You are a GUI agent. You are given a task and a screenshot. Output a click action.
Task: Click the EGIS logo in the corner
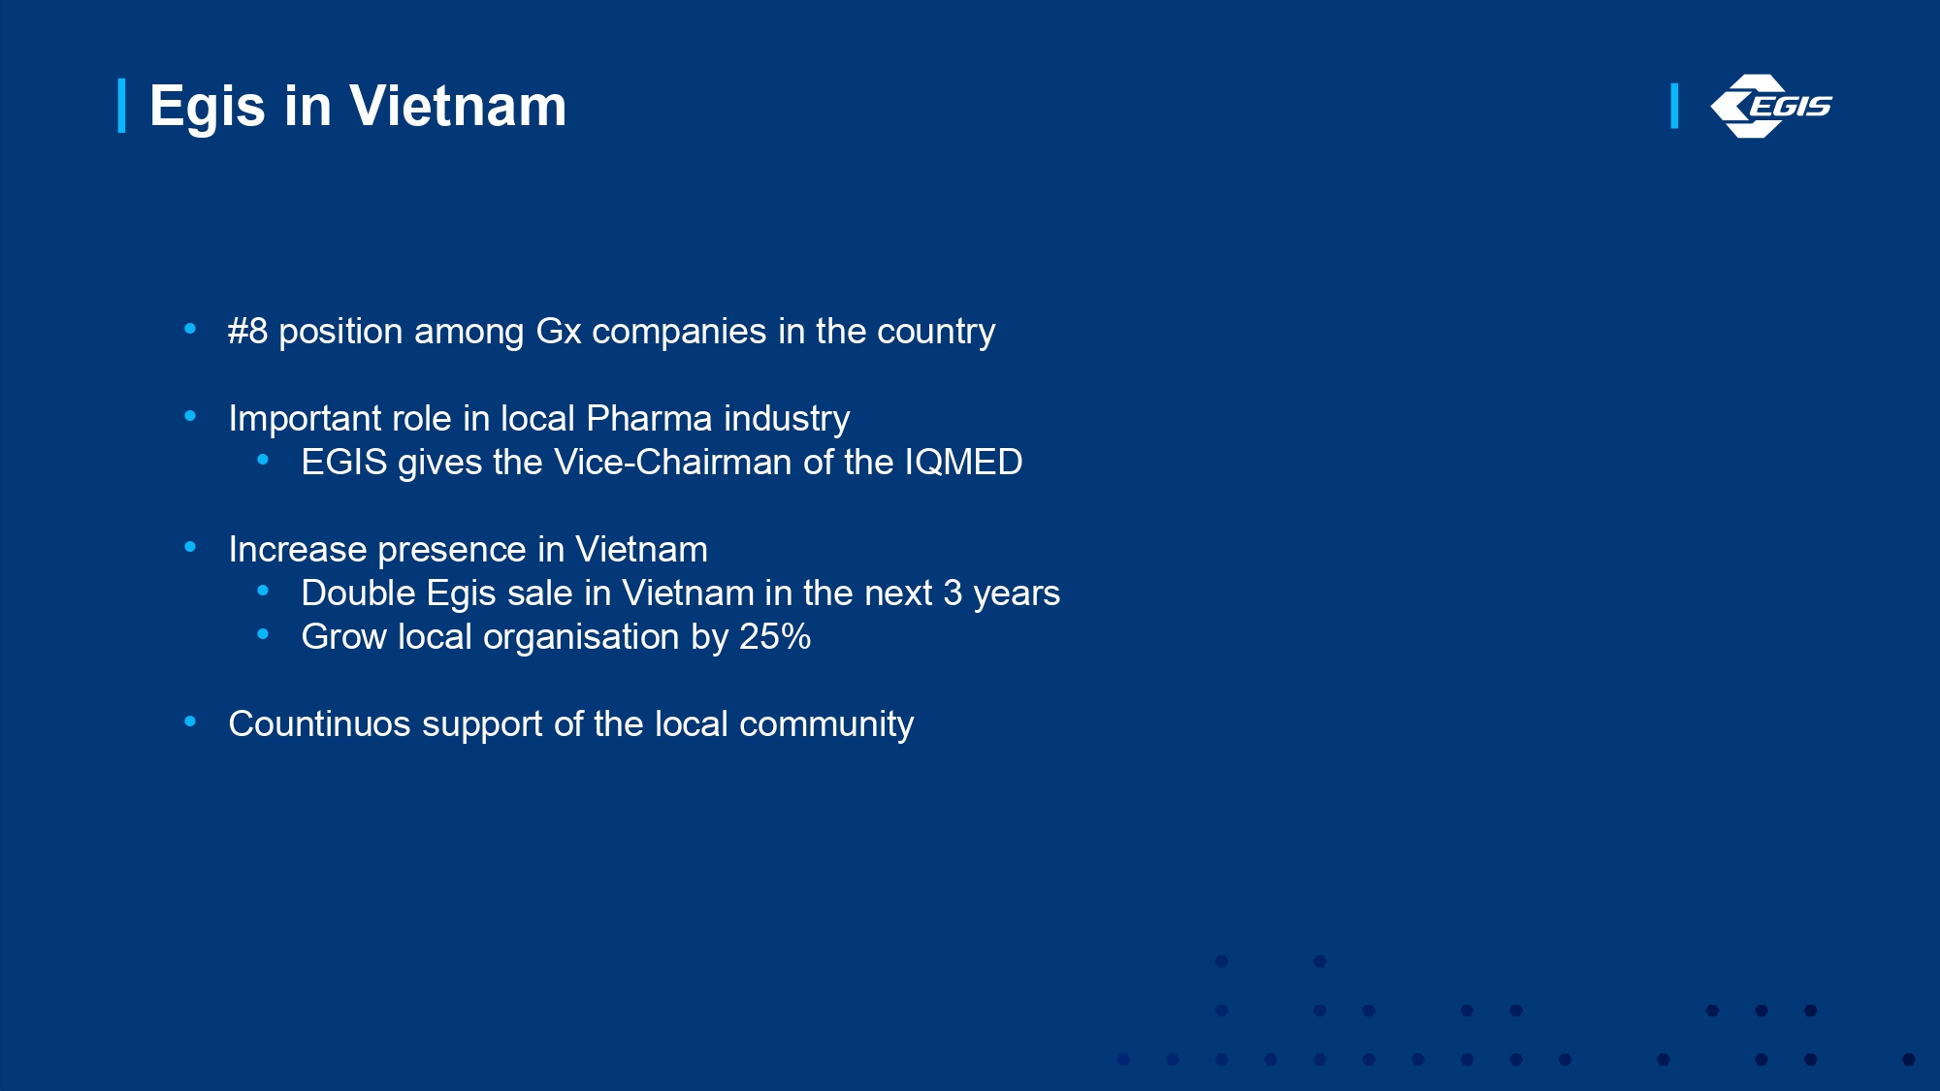click(x=1771, y=106)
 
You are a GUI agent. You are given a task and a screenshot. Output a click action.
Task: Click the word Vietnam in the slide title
click(x=458, y=106)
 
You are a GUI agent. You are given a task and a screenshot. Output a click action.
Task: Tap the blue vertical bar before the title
click(x=122, y=106)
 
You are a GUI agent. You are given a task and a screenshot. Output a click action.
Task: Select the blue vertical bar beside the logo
click(x=1674, y=106)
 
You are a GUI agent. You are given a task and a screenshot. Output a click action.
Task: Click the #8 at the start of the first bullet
click(x=247, y=332)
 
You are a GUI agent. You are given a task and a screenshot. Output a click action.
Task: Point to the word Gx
click(x=559, y=332)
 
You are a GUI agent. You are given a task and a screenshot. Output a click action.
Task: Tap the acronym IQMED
click(x=963, y=463)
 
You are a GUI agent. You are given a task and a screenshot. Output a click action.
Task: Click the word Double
click(x=359, y=594)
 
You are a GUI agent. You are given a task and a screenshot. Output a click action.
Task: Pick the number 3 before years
click(x=953, y=594)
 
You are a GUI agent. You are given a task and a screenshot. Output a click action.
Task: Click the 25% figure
click(x=775, y=637)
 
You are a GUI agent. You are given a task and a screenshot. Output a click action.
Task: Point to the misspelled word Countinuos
click(x=319, y=724)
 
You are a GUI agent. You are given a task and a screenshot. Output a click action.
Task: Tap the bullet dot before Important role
click(x=190, y=417)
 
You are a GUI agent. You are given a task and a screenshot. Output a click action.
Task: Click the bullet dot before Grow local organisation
click(x=263, y=635)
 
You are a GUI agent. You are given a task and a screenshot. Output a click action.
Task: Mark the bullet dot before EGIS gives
click(x=263, y=461)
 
